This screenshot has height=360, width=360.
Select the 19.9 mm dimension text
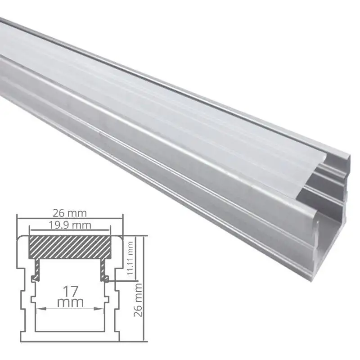click(x=70, y=223)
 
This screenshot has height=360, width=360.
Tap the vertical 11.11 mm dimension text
click(x=130, y=258)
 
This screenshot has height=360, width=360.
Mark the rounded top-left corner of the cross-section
click(x=20, y=238)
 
